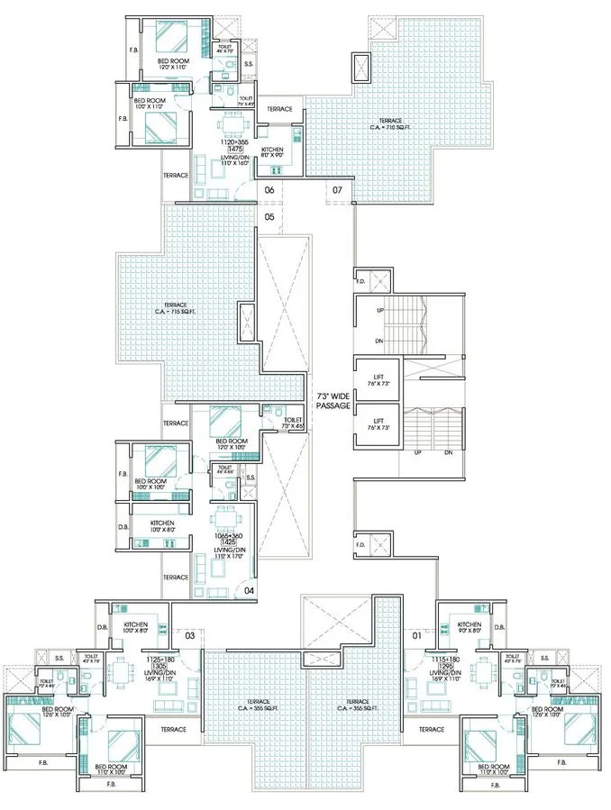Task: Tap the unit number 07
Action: click(x=337, y=190)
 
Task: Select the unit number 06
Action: click(x=269, y=190)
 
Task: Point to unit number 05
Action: click(x=269, y=216)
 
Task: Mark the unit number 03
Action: click(x=190, y=636)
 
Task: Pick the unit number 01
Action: click(x=416, y=636)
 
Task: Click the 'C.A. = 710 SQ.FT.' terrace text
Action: click(x=390, y=127)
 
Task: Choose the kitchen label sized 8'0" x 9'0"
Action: click(x=273, y=152)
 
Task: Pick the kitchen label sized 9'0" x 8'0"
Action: click(x=469, y=628)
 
